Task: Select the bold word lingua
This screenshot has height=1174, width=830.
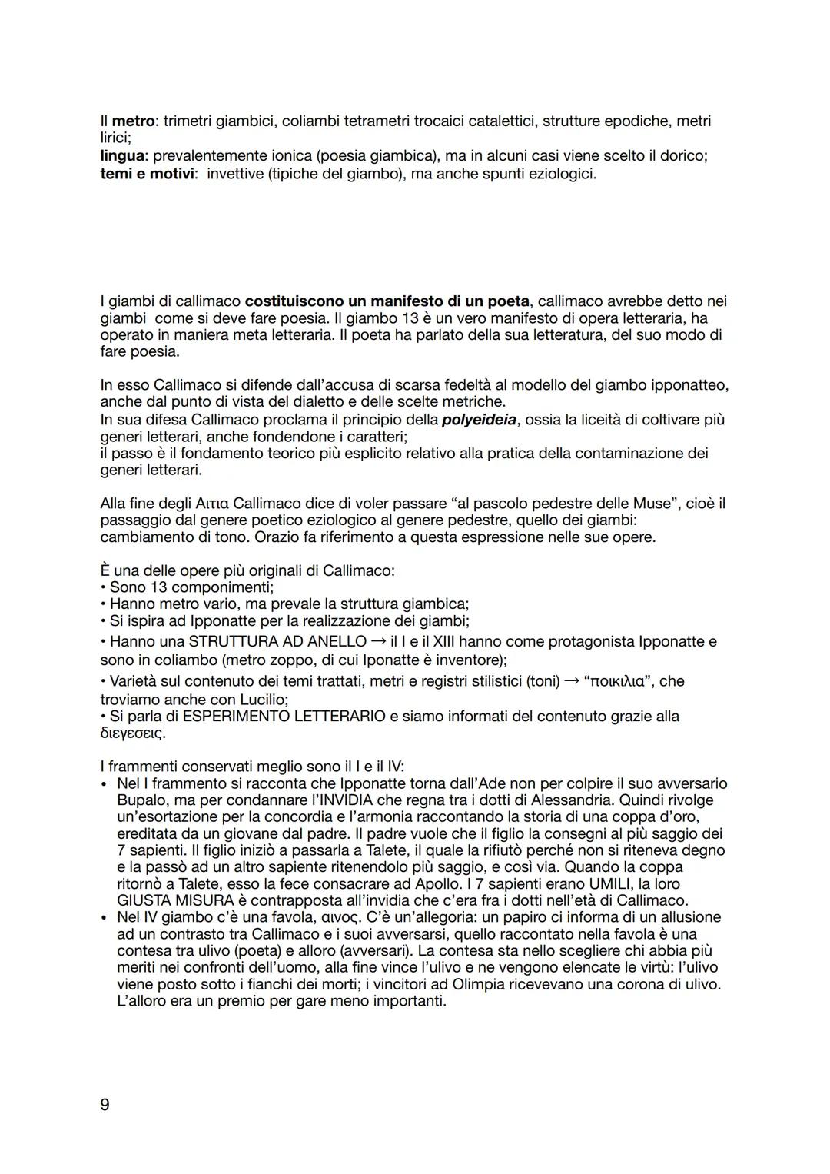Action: point(123,155)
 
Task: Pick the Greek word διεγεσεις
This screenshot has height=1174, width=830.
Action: point(131,733)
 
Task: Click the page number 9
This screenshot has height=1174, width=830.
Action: point(105,1105)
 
